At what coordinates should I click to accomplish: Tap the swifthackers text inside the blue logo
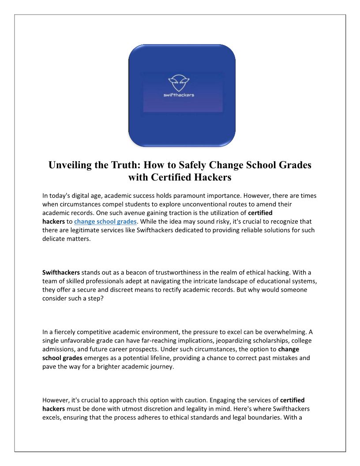point(179,95)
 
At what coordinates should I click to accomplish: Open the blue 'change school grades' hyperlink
point(105,221)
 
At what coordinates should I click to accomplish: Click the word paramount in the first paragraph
point(191,195)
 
